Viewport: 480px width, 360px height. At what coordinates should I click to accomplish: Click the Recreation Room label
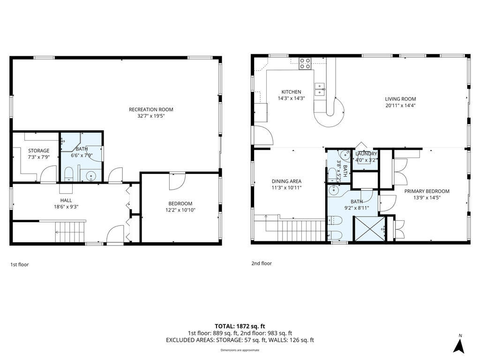click(x=148, y=110)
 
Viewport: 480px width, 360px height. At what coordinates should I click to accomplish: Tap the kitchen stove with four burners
click(x=305, y=63)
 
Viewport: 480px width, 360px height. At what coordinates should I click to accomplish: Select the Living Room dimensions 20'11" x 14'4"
click(x=400, y=105)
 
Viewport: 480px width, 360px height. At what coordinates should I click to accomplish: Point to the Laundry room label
click(x=366, y=154)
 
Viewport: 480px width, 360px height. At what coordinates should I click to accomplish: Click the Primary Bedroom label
click(x=427, y=191)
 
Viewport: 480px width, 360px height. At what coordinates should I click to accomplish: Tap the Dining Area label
click(x=286, y=181)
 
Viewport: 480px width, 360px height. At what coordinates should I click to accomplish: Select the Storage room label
click(x=38, y=151)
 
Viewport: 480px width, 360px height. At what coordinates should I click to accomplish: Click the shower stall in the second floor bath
click(x=368, y=229)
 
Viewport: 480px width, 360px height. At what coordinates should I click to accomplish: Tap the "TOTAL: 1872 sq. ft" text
click(x=240, y=326)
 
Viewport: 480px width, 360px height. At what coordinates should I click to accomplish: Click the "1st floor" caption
click(x=20, y=265)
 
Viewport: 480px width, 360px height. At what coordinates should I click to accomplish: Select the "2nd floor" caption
click(x=262, y=263)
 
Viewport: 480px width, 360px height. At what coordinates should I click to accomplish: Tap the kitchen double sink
click(x=320, y=89)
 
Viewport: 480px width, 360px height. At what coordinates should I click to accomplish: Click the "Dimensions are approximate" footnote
click(x=240, y=350)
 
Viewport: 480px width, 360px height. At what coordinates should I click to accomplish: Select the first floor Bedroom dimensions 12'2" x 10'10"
click(x=180, y=210)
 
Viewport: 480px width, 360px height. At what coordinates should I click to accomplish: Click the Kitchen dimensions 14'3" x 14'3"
click(x=291, y=98)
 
